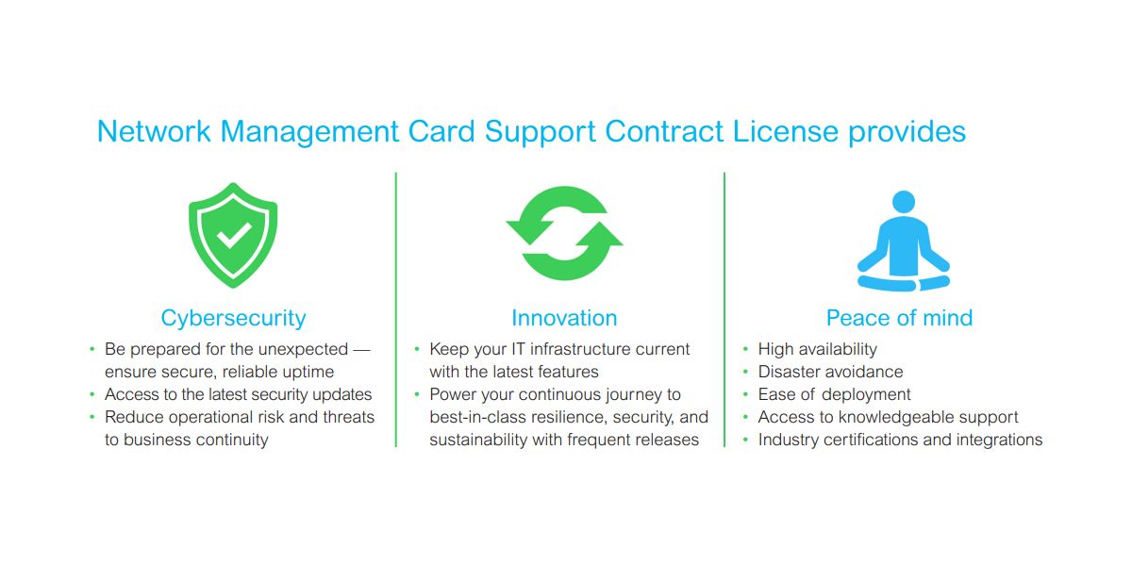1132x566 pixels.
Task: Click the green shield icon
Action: (x=233, y=236)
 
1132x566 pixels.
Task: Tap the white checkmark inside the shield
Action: (x=234, y=235)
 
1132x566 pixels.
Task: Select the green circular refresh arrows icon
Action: (x=564, y=234)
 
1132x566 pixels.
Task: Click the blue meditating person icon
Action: (x=904, y=241)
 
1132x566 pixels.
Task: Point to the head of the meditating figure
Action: (x=904, y=202)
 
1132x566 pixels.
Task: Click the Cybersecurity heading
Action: (x=234, y=319)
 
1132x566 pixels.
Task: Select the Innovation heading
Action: (x=564, y=318)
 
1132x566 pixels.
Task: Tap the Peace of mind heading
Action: (x=900, y=318)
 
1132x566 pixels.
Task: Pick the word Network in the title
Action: (x=154, y=131)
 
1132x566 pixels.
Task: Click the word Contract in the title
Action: (x=664, y=131)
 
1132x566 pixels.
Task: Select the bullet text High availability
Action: (x=818, y=349)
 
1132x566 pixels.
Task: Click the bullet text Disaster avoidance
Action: (x=830, y=372)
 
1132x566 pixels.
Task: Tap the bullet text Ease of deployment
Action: (x=834, y=394)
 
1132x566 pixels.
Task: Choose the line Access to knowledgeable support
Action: (x=888, y=417)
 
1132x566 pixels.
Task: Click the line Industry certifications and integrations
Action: (x=900, y=440)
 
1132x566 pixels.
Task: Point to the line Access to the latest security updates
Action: (x=238, y=394)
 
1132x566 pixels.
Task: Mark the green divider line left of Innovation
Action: (x=395, y=309)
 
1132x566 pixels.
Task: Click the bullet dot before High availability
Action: (x=745, y=349)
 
